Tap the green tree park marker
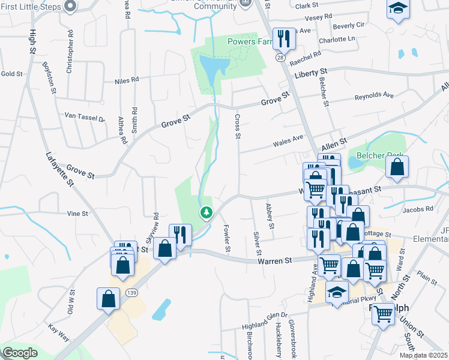tap(206, 212)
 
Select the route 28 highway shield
tap(280, 58)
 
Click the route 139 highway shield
tap(132, 292)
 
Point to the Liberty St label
tap(314, 75)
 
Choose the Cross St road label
tap(238, 127)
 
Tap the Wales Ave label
tap(288, 142)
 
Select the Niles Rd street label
tap(127, 79)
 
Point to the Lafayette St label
tap(58, 170)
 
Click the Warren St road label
tap(274, 261)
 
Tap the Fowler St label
tap(228, 238)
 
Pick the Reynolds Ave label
tap(374, 96)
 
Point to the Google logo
tap(20, 353)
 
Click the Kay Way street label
tap(60, 329)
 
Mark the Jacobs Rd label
tap(418, 210)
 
